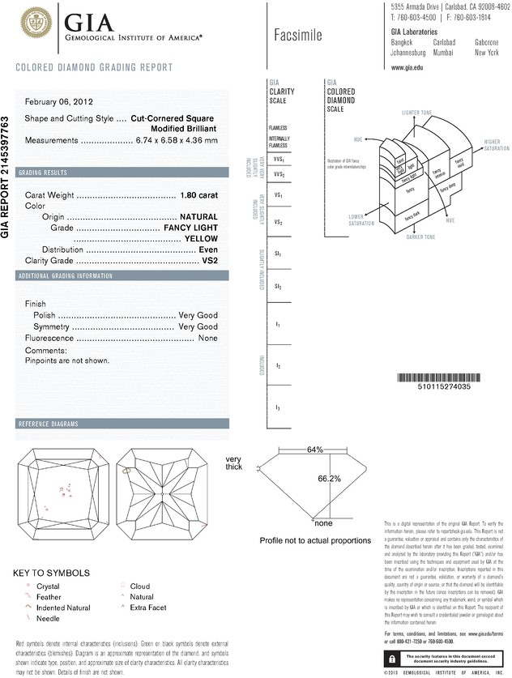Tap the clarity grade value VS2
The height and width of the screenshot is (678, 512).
pyautogui.click(x=209, y=262)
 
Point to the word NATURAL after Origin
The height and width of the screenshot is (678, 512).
pyautogui.click(x=198, y=217)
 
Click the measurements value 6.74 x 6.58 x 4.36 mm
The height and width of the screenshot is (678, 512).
pyautogui.click(x=175, y=140)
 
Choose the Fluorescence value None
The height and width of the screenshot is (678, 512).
pyautogui.click(x=208, y=338)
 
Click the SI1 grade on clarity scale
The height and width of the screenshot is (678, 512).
pyautogui.click(x=278, y=254)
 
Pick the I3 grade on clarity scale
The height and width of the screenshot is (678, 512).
pyautogui.click(x=278, y=407)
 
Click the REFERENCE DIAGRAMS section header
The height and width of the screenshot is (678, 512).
pyautogui.click(x=49, y=424)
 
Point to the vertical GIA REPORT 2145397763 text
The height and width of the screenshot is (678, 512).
pyautogui.click(x=6, y=177)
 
